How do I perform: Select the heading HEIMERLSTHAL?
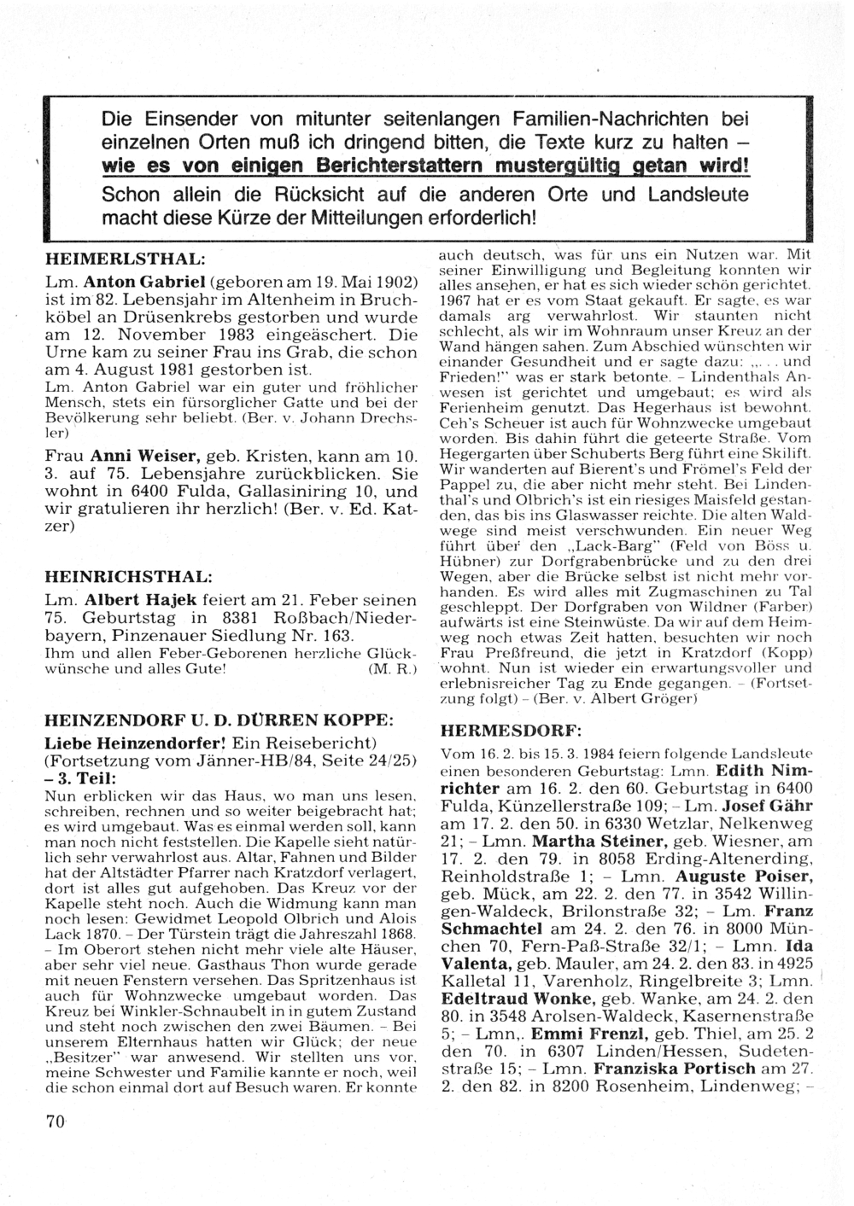(x=124, y=256)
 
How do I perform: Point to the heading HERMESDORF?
(x=510, y=731)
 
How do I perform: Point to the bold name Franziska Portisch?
(x=674, y=1069)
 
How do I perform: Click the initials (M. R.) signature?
(x=389, y=670)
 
